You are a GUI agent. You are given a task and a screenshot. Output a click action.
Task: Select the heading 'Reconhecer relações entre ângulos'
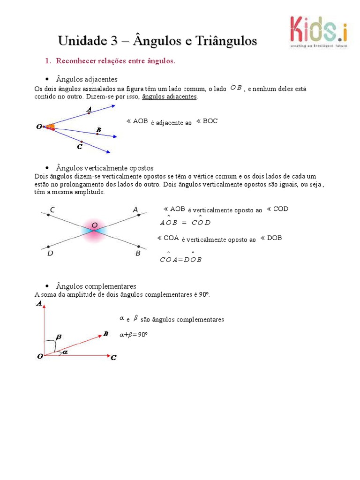tap(115, 61)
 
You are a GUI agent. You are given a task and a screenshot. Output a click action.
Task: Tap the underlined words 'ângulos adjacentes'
tap(169, 97)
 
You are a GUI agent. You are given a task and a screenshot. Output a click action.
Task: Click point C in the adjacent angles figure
tap(80, 147)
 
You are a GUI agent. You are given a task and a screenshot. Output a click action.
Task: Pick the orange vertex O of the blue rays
tap(48, 127)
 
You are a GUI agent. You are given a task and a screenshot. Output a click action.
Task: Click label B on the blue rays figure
tap(98, 129)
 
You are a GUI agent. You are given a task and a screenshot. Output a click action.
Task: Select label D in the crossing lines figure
tap(50, 254)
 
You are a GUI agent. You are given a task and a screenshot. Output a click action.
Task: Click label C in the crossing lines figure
tap(52, 210)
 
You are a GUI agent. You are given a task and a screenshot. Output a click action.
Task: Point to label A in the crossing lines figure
tap(135, 210)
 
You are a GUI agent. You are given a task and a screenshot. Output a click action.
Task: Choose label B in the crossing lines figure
tap(138, 253)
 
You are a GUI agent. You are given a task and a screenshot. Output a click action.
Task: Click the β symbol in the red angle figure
tap(59, 337)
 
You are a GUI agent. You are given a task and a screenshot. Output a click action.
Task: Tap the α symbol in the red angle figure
tap(65, 352)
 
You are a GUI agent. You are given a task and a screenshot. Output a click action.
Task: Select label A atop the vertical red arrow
tap(39, 304)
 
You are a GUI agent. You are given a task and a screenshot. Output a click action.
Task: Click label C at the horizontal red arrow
tap(113, 358)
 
